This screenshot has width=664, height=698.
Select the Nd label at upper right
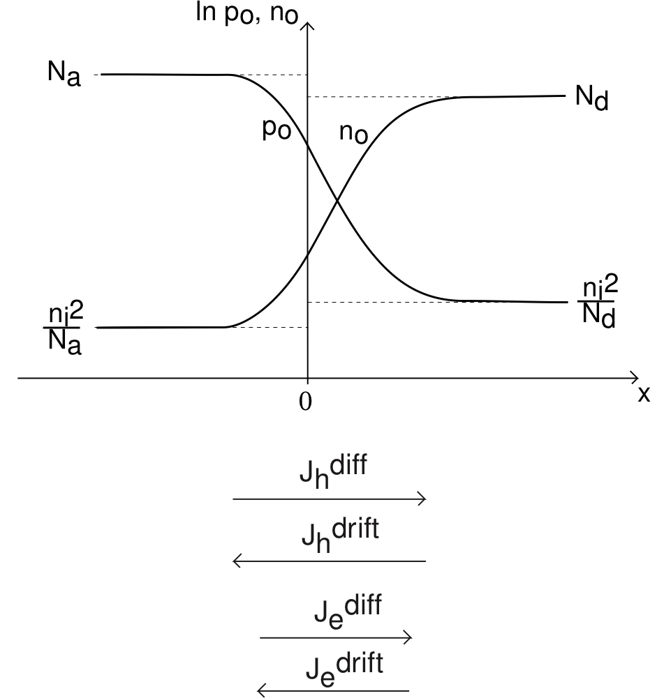pos(592,98)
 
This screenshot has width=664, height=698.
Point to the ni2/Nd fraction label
pos(599,303)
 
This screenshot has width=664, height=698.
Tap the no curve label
pos(353,133)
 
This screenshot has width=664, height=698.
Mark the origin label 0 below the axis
pos(304,404)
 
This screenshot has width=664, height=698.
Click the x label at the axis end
pos(644,395)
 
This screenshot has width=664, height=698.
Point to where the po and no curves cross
pos(338,202)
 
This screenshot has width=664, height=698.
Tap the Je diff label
pos(346,612)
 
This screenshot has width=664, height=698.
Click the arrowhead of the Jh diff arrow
pos(423,499)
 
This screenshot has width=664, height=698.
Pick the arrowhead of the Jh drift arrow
pos(235,561)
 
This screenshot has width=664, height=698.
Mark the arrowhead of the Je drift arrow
pos(260,691)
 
